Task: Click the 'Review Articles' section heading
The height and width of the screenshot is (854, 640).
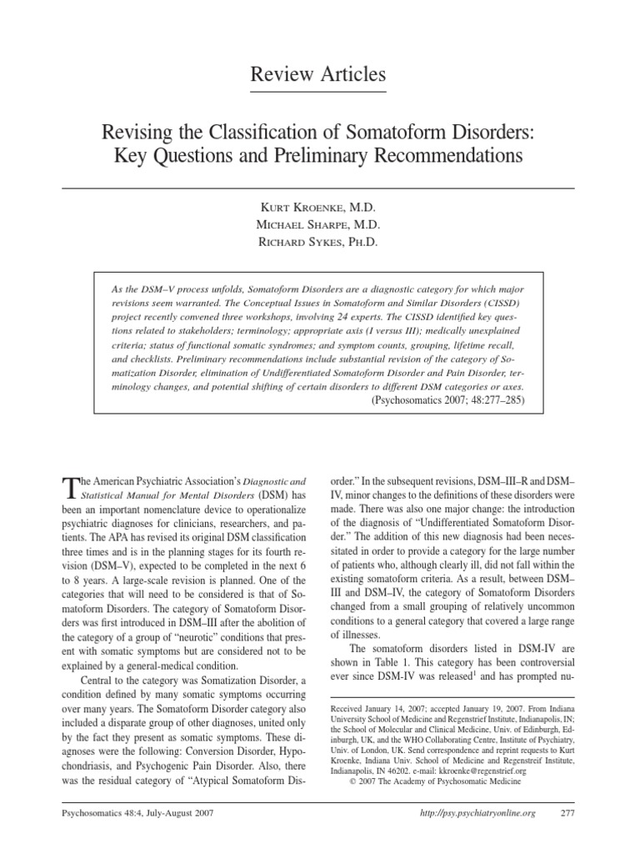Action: (319, 76)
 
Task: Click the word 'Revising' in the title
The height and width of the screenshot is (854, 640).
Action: (136, 132)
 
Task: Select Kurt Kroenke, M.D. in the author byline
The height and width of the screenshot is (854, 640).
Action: (319, 206)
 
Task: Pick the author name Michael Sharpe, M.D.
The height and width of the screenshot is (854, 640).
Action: (319, 224)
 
